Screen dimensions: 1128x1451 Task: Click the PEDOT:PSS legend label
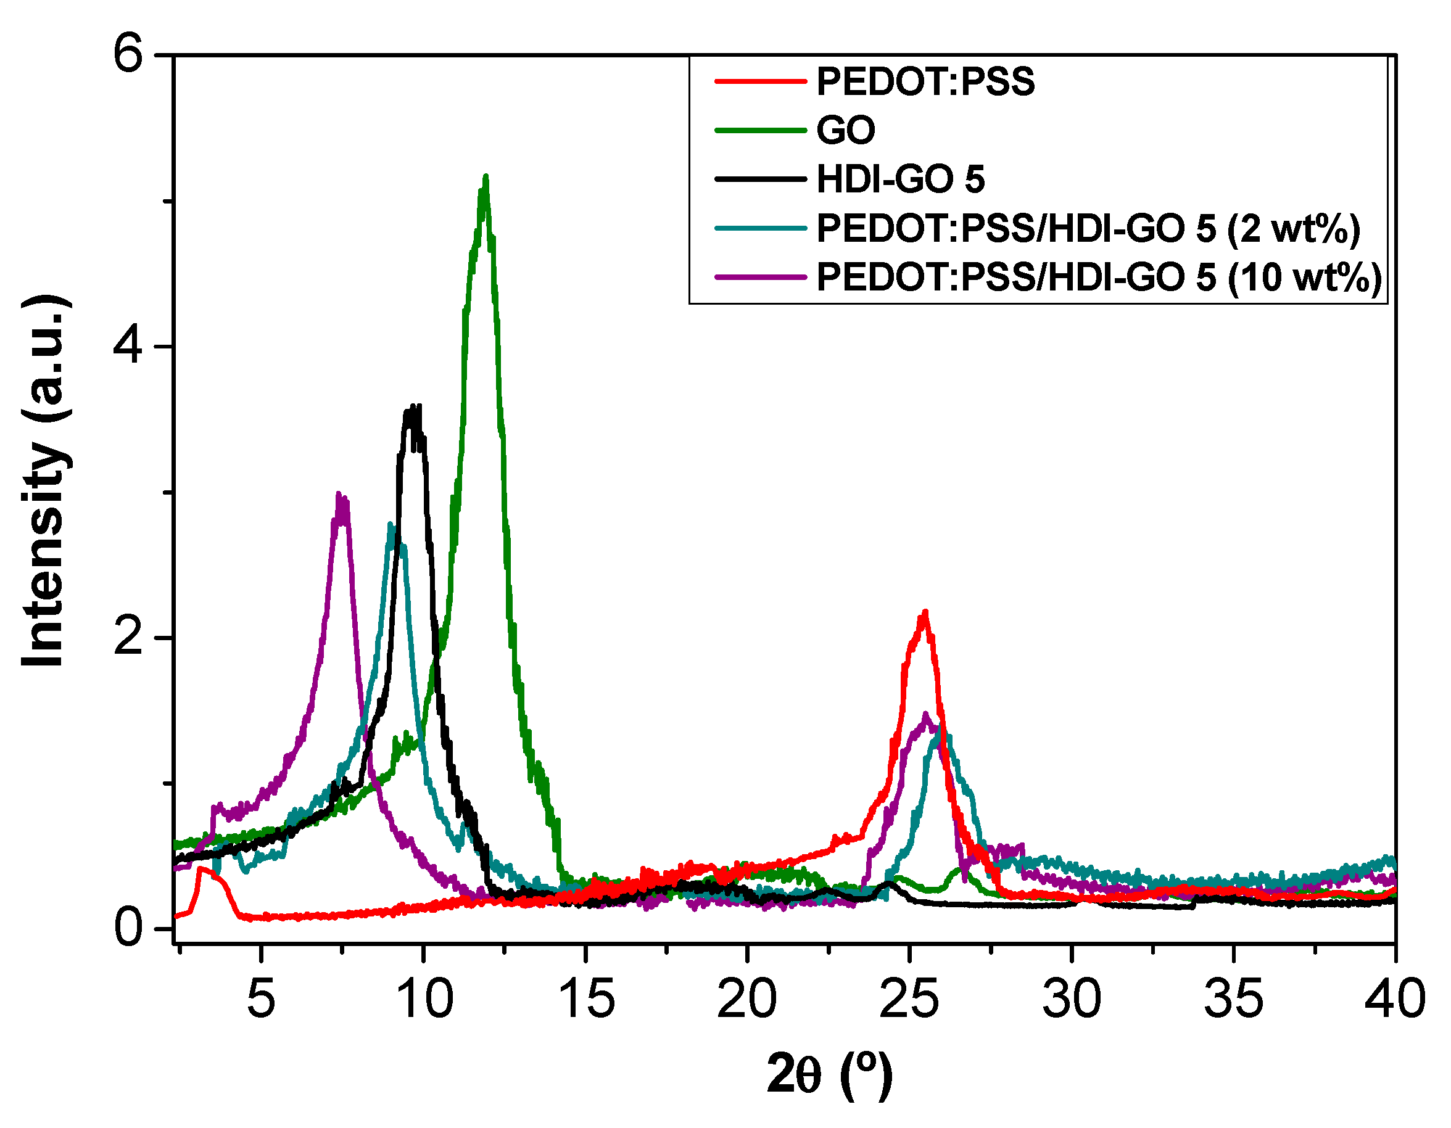[925, 81]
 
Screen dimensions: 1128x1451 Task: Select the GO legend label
[845, 130]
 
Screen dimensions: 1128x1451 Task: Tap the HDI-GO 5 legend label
[900, 179]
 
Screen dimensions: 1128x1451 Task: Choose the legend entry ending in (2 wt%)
[1088, 229]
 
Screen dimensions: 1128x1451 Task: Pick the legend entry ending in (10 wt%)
[1099, 278]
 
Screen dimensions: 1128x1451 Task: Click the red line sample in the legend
[760, 81]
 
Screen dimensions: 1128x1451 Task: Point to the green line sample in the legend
[760, 130]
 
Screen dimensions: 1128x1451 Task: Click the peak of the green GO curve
[486, 178]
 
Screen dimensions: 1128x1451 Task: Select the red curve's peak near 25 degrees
[924, 613]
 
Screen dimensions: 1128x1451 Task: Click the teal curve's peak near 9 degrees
[391, 525]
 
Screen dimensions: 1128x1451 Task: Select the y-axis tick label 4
[128, 346]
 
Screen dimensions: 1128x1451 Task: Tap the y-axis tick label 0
[128, 928]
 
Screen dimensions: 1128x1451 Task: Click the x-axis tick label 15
[586, 999]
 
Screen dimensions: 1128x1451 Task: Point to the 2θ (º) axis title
[830, 1074]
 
